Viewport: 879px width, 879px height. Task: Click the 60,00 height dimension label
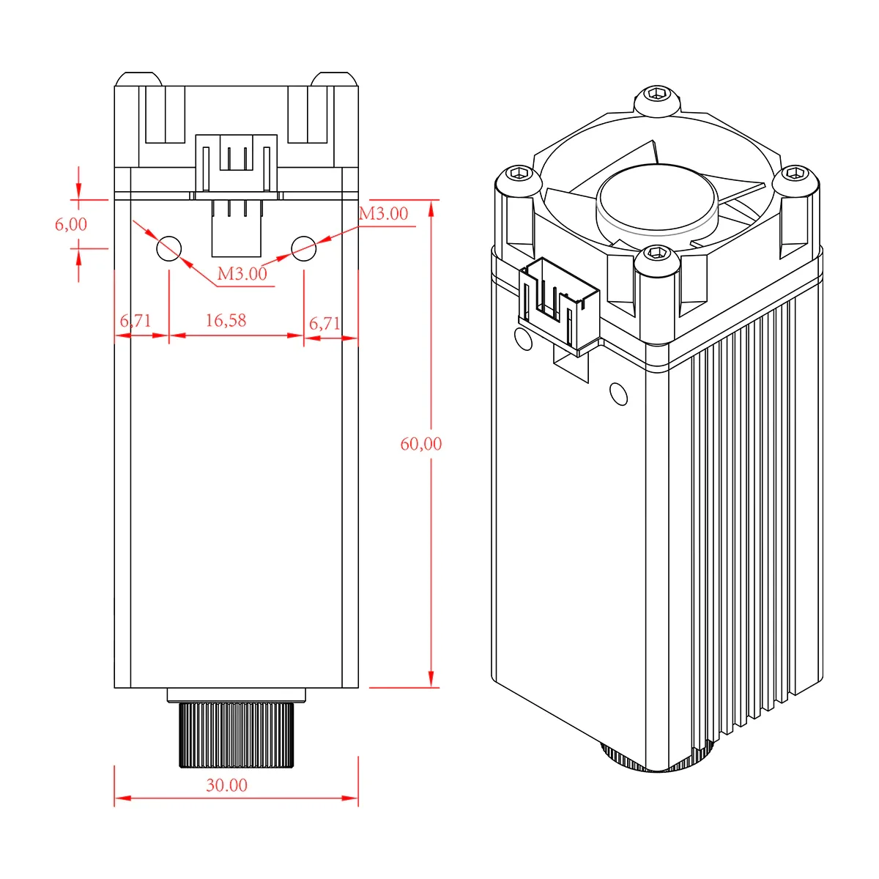(421, 444)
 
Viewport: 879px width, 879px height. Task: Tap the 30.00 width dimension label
(227, 785)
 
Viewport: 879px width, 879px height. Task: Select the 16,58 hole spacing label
(226, 320)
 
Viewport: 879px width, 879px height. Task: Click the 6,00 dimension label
(71, 224)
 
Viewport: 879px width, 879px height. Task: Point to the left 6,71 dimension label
(136, 321)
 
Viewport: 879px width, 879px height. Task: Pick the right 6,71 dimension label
(324, 323)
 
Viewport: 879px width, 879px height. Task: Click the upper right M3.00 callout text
(383, 214)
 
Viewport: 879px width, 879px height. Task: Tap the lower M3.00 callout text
(242, 274)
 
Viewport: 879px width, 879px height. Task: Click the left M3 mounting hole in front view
(169, 248)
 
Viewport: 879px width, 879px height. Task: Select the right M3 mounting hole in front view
(304, 248)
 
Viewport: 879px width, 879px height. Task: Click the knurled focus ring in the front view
(237, 735)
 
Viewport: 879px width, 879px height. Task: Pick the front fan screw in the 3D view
(655, 256)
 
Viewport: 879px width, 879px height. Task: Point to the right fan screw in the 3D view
(795, 175)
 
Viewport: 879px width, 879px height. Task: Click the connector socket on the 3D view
(558, 303)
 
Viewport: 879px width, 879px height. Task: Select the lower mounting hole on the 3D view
(619, 395)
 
